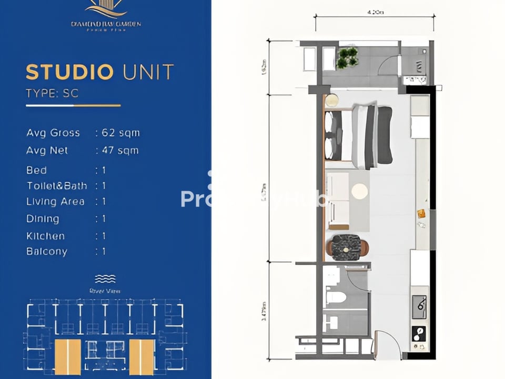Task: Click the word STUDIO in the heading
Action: [x=69, y=72]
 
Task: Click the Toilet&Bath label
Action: [x=57, y=186]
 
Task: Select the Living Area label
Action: [x=55, y=202]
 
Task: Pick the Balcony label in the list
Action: [x=47, y=252]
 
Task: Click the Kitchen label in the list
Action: [x=46, y=236]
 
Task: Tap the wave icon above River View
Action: [x=105, y=278]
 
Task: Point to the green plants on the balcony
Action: [x=347, y=57]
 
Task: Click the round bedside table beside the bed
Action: [x=331, y=101]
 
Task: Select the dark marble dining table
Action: [x=347, y=246]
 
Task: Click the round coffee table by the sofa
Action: [x=360, y=191]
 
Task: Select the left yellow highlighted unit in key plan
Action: [x=68, y=356]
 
